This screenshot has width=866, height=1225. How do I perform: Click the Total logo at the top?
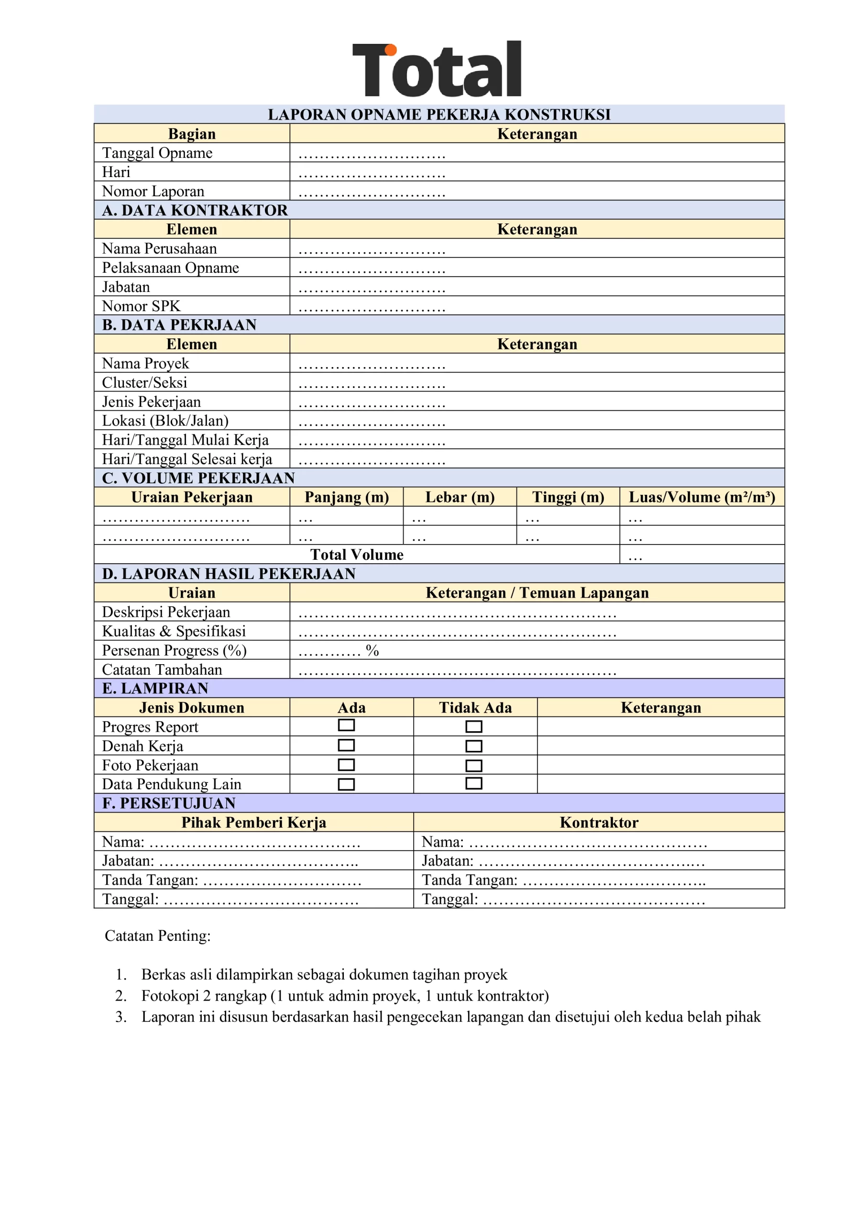(437, 69)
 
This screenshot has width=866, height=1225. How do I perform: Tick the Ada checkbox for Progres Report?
(346, 725)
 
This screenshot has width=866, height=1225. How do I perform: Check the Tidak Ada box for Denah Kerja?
(473, 746)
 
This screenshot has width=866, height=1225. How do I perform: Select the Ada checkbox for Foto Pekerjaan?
(346, 765)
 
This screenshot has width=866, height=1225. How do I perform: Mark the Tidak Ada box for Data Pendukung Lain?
(473, 783)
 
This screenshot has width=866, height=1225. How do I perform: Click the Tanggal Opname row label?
(157, 153)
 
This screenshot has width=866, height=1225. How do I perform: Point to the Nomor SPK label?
(142, 306)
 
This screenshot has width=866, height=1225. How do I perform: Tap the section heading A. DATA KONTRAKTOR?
(195, 210)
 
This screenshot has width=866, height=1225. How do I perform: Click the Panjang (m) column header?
(347, 497)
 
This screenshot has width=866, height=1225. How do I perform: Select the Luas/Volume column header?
(702, 497)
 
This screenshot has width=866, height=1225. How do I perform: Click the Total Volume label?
(357, 555)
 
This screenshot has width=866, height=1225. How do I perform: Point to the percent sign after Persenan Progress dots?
(372, 650)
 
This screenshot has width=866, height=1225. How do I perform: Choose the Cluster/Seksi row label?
(144, 382)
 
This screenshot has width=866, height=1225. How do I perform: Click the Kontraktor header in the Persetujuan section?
(599, 823)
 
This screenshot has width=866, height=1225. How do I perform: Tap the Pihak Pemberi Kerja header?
(254, 823)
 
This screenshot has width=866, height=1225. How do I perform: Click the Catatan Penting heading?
(158, 936)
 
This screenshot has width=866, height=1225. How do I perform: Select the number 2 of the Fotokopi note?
(121, 996)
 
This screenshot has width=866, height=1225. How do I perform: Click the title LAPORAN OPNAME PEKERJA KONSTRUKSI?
(439, 115)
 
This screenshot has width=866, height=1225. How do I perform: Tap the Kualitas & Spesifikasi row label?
(174, 631)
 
